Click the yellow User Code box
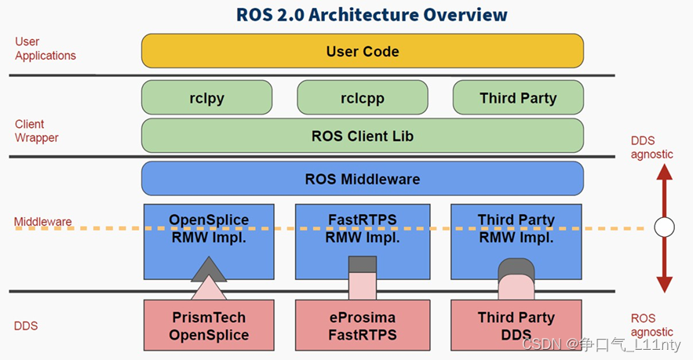point(362,51)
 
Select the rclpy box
point(206,98)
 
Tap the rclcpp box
point(362,98)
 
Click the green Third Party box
point(518,98)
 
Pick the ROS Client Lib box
point(362,136)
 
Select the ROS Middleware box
point(362,179)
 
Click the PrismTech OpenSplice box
point(209,326)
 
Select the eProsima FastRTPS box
point(362,326)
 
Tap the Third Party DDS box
point(516,326)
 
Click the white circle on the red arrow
point(664,227)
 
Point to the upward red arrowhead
point(664,174)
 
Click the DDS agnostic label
point(651,147)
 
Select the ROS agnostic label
point(651,325)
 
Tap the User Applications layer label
point(46,49)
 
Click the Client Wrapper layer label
point(36,131)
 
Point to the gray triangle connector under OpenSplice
point(209,270)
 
